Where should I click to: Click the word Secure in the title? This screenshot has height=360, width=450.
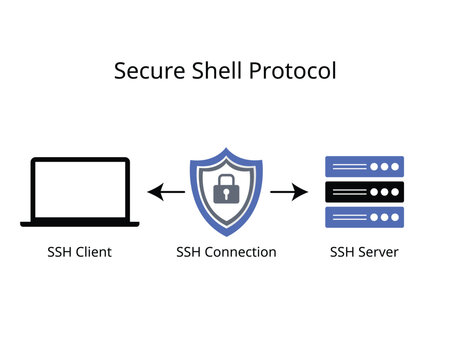coord(146,73)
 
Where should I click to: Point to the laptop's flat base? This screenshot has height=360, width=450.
coord(80,223)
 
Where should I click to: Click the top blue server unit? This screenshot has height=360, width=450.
coord(364,166)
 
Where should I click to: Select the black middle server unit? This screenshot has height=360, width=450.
coord(364,192)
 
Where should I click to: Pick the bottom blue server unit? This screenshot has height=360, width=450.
coord(364,217)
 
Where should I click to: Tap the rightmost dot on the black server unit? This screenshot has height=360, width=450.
coord(394,192)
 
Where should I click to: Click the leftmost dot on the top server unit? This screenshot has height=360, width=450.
coord(372,166)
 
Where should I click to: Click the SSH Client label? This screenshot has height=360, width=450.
coord(80,252)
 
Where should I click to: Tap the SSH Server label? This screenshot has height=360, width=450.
coord(364,252)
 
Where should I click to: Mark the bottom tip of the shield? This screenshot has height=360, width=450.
coord(226,235)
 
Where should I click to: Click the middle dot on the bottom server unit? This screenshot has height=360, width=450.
coord(383,217)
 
